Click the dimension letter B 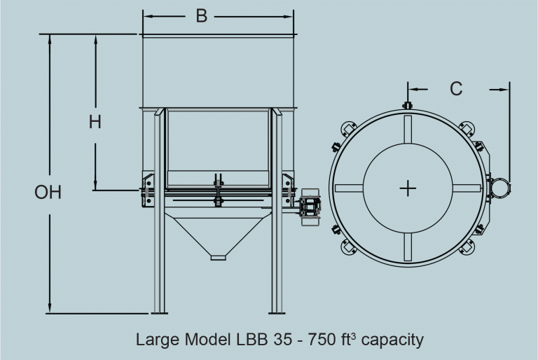[202, 16]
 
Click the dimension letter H [95, 121]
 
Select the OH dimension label [48, 192]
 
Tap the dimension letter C [456, 89]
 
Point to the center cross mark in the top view [408, 188]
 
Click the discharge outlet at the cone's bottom [219, 257]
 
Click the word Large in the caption [155, 340]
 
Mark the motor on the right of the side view [310, 206]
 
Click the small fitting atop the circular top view [408, 105]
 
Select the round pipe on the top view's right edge [500, 187]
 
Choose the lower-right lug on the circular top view [468, 247]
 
